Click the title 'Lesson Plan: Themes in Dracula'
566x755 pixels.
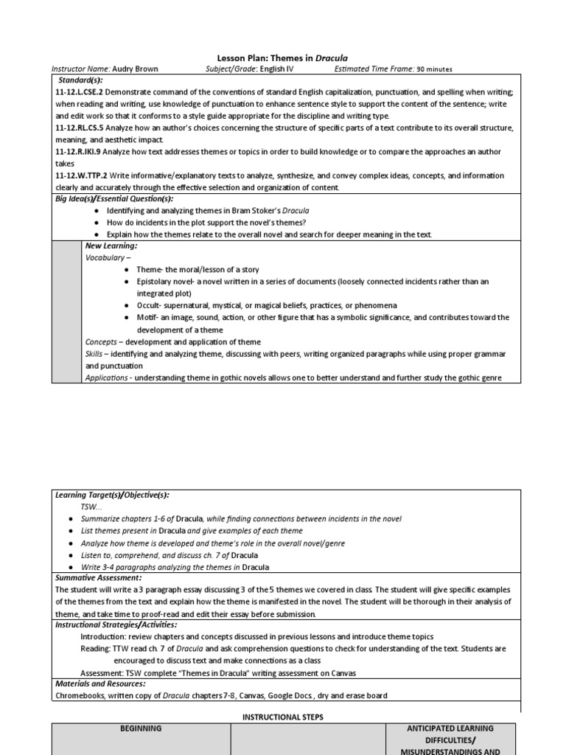282,58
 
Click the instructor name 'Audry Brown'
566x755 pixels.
135,69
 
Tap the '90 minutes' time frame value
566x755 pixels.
435,69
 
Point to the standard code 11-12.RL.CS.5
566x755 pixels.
81,128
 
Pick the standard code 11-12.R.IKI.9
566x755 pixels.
78,152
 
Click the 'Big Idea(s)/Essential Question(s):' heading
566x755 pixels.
114,199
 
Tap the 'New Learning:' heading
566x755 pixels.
111,246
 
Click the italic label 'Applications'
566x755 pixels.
107,377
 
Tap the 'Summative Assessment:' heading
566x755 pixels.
98,578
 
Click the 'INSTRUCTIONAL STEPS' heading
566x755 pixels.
283,717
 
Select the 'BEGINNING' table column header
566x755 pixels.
141,728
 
